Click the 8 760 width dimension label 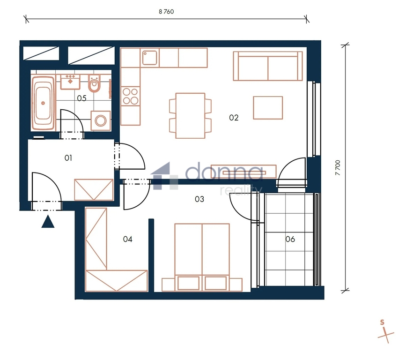click(166, 12)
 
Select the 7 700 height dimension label click(338, 168)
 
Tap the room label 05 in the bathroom click(81, 98)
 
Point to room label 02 click(234, 118)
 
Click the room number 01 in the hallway click(68, 158)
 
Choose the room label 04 click(127, 239)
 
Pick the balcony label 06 click(290, 239)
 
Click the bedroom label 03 click(199, 199)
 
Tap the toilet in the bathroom click(94, 83)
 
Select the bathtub click(43, 103)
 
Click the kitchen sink click(150, 58)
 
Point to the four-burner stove click(130, 96)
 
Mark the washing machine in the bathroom click(101, 120)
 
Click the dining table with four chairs click(190, 115)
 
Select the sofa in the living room click(268, 66)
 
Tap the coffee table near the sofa click(268, 108)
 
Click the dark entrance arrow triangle click(48, 222)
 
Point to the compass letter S click(382, 322)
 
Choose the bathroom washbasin click(70, 82)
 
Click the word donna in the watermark click(224, 172)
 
